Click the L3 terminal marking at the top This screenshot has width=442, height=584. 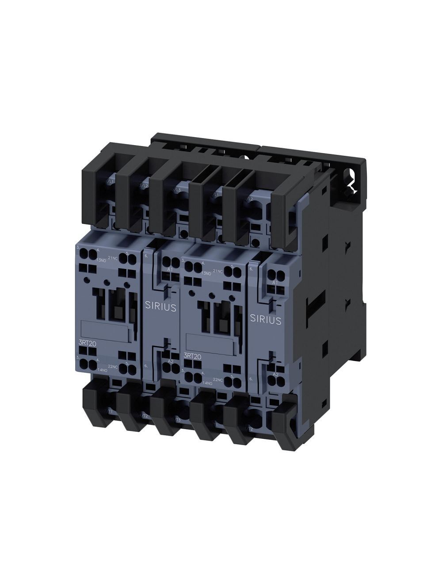click(x=178, y=190)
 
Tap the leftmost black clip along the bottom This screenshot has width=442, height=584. click(x=99, y=409)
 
